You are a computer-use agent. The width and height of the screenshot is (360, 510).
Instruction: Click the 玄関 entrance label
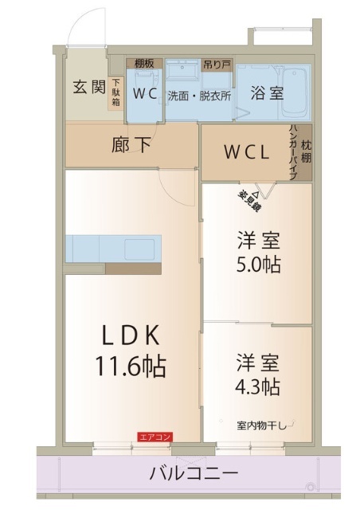tap(88, 87)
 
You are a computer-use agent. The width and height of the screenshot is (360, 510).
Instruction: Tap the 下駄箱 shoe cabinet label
tap(115, 92)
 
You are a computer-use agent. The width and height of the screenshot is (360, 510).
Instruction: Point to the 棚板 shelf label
tap(144, 63)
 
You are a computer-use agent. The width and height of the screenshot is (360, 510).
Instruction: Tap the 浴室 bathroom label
tap(267, 92)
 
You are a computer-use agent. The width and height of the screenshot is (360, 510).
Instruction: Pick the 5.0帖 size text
tap(257, 265)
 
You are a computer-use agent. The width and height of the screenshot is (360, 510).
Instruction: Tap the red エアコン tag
tap(155, 437)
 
